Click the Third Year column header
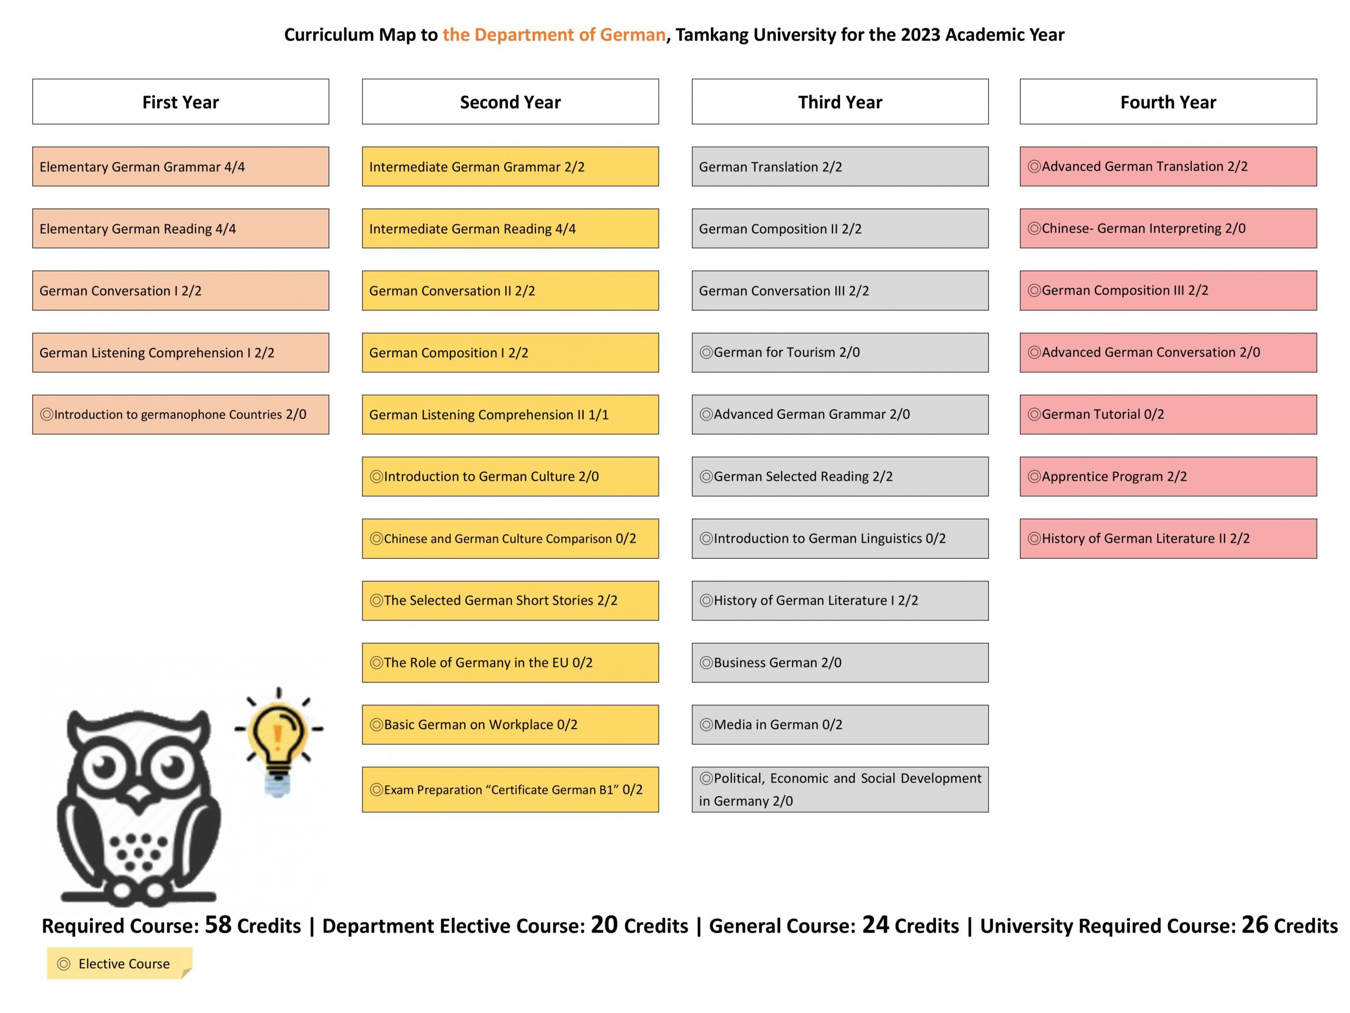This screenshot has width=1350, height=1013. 840,101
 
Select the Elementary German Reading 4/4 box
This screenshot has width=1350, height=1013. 181,228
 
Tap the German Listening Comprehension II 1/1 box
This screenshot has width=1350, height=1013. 510,415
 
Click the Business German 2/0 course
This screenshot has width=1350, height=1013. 840,663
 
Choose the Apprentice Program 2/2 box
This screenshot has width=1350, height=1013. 1168,476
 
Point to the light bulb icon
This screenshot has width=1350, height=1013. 278,739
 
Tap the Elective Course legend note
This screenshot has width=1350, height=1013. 120,963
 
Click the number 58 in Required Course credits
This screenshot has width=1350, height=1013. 218,924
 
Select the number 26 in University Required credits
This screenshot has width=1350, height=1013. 1255,924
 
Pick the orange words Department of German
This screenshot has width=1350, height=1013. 554,35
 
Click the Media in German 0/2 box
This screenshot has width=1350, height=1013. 840,725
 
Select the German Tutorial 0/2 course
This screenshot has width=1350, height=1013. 1168,415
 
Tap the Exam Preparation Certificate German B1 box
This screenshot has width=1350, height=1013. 510,789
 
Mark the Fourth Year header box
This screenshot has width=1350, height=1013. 1168,101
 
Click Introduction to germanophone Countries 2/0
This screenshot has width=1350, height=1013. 181,415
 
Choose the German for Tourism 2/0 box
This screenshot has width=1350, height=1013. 840,352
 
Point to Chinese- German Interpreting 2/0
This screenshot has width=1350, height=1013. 1168,228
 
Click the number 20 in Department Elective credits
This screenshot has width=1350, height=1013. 604,924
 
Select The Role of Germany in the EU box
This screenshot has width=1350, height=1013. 510,663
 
